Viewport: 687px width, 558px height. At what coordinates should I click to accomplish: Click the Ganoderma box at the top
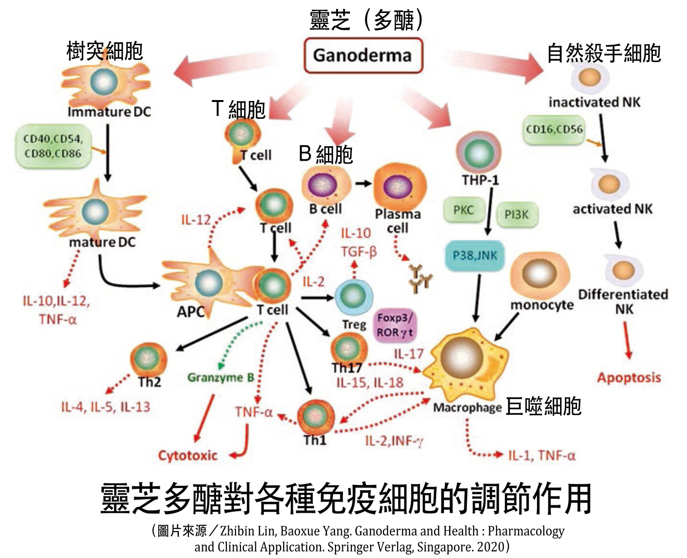[x=363, y=56]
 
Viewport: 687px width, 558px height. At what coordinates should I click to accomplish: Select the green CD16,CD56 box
[x=554, y=129]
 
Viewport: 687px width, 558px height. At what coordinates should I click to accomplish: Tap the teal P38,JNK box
[x=475, y=255]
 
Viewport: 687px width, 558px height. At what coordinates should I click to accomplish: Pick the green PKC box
[x=463, y=210]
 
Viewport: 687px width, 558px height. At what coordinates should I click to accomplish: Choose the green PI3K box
[x=516, y=215]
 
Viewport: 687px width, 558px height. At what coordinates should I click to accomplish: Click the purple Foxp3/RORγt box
[x=395, y=325]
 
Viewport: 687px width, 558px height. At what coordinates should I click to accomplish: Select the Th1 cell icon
[x=315, y=416]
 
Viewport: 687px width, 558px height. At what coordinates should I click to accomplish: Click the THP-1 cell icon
[x=478, y=153]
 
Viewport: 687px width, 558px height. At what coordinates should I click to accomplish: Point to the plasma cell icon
[x=399, y=187]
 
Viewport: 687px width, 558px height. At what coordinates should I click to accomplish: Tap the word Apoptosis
[x=629, y=378]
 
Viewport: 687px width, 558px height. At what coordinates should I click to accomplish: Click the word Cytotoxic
[x=187, y=455]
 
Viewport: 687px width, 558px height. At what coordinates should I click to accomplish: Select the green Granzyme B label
[x=221, y=378]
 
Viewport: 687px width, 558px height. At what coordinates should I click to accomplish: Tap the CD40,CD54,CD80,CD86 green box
[x=53, y=146]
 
